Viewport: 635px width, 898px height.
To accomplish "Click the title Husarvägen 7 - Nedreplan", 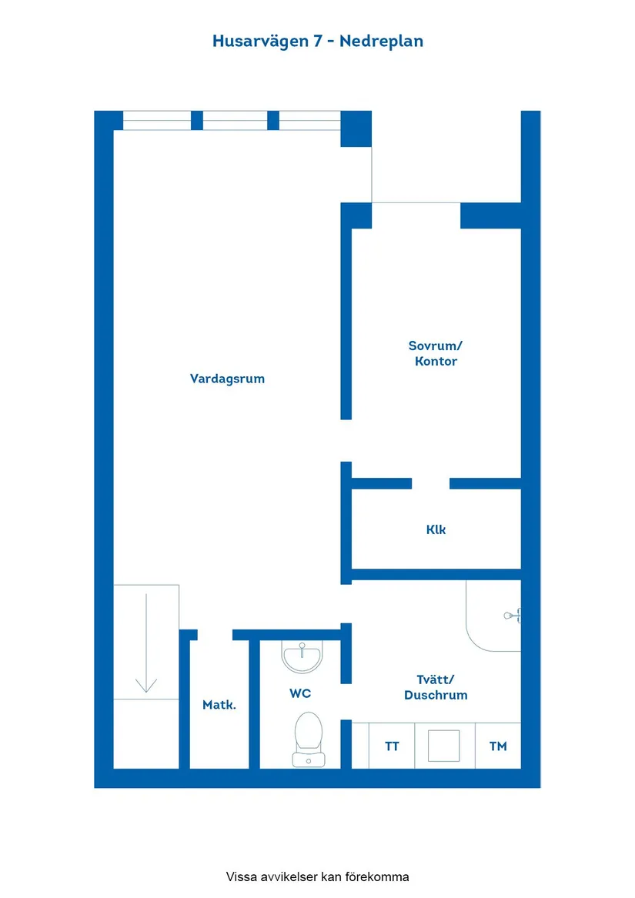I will (x=317, y=42).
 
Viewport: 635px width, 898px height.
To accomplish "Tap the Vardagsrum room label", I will (x=227, y=379).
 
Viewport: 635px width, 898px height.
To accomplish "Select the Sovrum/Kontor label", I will (x=436, y=353).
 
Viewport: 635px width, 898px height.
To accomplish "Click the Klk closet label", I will (x=436, y=529).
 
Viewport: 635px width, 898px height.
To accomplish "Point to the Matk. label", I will (x=219, y=704).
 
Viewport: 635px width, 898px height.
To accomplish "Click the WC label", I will (x=300, y=693).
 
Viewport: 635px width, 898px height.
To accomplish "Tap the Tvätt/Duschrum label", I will (x=436, y=686).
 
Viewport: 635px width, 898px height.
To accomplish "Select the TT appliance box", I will (x=392, y=746).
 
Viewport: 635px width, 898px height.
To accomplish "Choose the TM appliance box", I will (x=498, y=746).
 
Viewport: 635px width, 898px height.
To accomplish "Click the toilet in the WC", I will (x=308, y=738).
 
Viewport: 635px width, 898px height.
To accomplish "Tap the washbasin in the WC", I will (x=302, y=656).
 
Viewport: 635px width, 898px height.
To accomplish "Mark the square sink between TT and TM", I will (x=444, y=746).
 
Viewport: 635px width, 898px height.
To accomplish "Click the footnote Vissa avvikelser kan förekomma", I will (x=317, y=876).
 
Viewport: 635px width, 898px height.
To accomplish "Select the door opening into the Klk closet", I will (x=430, y=484).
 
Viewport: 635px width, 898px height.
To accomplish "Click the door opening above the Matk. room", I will (x=215, y=635).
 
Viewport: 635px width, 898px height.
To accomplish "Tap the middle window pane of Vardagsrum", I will (x=235, y=121).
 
